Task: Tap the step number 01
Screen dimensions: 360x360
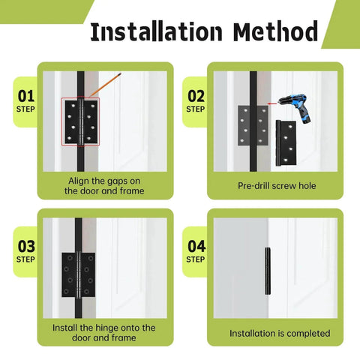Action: click(26, 96)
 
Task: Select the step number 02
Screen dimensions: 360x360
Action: click(196, 96)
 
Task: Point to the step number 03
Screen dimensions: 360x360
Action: click(26, 245)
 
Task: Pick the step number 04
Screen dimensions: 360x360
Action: click(196, 245)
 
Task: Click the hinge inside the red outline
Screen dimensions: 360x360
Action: click(79, 121)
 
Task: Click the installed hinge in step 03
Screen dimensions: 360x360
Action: click(78, 274)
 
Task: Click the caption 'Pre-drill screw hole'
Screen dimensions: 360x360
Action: click(277, 185)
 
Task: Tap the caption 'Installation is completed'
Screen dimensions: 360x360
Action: click(279, 333)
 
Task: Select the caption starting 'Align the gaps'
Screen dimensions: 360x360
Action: click(104, 185)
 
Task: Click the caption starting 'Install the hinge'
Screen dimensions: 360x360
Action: click(104, 333)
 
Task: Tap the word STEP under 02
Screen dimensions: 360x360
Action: click(196, 109)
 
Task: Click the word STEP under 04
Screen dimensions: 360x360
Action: click(196, 259)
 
